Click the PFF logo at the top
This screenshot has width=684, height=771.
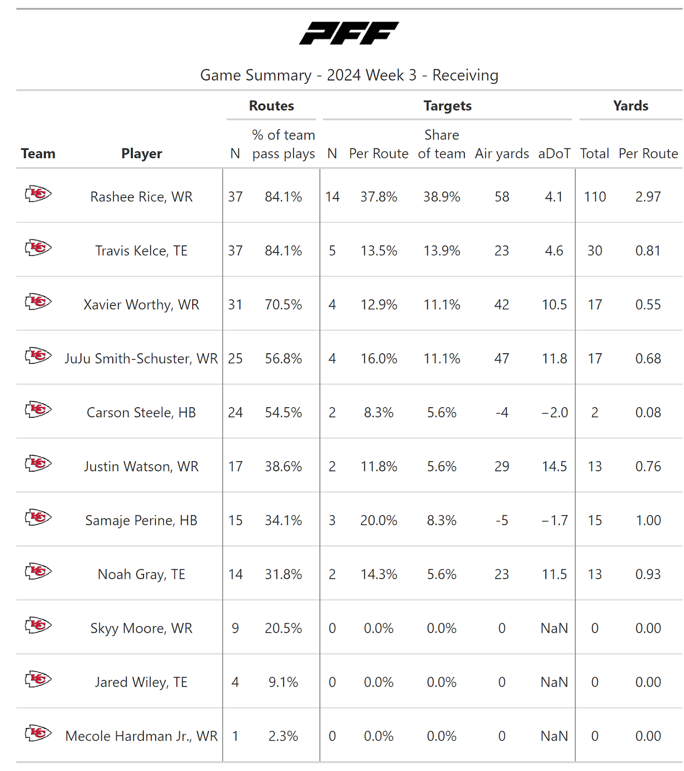[349, 33]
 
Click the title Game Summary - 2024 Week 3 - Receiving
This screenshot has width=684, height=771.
[349, 75]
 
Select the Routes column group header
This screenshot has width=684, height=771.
[271, 106]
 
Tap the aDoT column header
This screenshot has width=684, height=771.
[554, 154]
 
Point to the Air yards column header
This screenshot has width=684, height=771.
[501, 154]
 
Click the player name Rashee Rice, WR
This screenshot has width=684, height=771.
[141, 197]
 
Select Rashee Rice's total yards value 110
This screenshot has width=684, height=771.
[595, 197]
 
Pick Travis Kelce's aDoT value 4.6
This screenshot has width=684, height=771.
[554, 251]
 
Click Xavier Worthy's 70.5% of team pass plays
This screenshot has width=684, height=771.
[283, 305]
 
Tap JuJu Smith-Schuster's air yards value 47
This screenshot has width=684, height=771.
[501, 359]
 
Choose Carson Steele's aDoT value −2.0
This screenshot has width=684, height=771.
[554, 412]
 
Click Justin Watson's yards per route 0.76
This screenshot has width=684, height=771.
[648, 466]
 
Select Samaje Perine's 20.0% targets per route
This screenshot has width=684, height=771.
[379, 520]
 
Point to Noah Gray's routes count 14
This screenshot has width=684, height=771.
[235, 574]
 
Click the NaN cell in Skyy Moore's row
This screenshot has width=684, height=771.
[554, 628]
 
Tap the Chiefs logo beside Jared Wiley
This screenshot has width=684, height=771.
[38, 679]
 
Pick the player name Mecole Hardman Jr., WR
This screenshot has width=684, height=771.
[141, 736]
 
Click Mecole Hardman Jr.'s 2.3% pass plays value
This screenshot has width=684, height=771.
[283, 736]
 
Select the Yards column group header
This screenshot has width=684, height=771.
[631, 106]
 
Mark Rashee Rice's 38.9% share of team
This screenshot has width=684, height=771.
[442, 197]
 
